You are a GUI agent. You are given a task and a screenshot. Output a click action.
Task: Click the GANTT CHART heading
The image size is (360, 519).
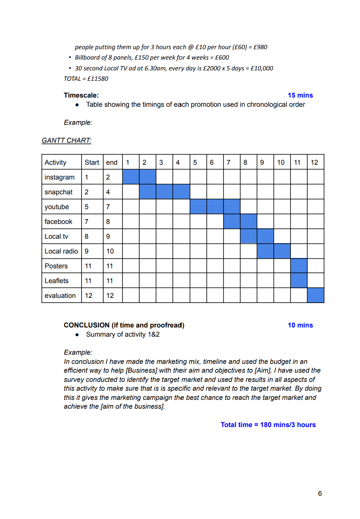click(66, 140)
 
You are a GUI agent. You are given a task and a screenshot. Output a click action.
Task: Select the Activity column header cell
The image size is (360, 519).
click(56, 162)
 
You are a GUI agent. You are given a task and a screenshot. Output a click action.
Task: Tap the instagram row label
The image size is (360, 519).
click(60, 177)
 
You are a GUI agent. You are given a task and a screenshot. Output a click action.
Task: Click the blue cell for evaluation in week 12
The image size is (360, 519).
click(316, 295)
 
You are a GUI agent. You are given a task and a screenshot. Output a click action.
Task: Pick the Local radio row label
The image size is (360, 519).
click(61, 251)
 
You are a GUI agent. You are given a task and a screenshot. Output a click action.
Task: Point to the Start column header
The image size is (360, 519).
click(92, 162)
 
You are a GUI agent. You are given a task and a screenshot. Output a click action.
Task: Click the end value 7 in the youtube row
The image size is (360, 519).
click(108, 207)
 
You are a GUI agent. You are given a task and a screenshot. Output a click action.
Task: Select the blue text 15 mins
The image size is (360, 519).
click(300, 95)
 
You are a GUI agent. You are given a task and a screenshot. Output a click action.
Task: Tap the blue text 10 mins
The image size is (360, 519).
click(300, 325)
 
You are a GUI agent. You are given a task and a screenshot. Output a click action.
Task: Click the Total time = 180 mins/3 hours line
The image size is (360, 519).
click(268, 425)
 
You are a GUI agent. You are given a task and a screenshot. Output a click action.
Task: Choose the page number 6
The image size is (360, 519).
click(320, 493)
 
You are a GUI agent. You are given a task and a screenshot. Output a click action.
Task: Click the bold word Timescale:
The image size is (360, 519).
click(81, 95)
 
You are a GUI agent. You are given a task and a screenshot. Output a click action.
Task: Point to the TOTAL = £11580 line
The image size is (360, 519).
click(86, 79)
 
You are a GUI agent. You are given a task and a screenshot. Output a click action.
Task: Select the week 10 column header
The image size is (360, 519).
click(281, 162)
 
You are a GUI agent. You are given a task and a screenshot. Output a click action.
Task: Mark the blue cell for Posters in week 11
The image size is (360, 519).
click(299, 266)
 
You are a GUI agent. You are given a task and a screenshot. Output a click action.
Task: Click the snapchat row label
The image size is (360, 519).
click(59, 192)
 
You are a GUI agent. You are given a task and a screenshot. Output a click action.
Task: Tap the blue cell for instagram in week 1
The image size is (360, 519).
click(131, 177)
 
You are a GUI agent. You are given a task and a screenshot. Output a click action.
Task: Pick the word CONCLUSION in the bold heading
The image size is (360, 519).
click(86, 325)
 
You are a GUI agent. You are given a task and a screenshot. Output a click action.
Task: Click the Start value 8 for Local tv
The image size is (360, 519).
click(87, 236)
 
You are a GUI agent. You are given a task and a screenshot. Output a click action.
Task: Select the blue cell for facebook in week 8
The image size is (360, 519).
click(248, 222)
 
